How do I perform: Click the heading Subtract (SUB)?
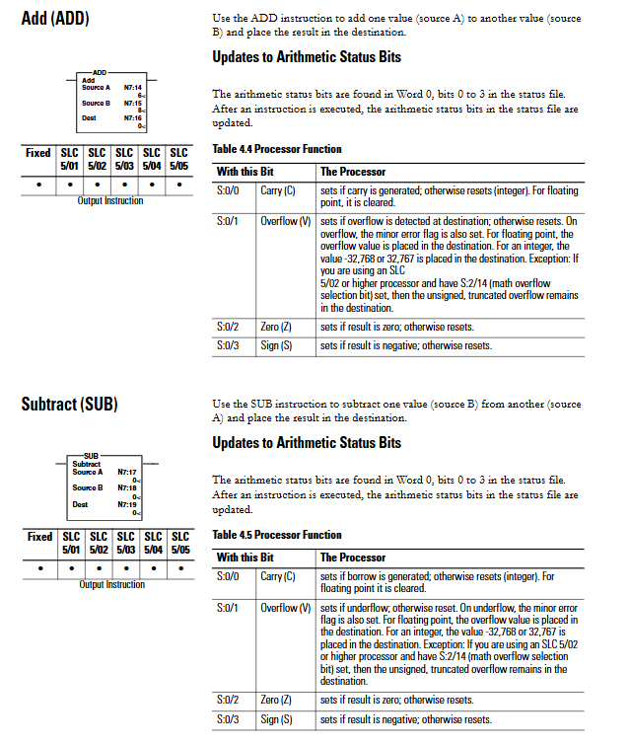69,404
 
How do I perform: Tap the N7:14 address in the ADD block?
133,88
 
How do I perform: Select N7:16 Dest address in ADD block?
133,117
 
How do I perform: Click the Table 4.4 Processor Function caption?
277,149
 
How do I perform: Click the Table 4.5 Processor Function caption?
277,534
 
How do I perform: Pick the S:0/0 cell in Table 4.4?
228,189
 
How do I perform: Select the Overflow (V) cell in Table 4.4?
279,221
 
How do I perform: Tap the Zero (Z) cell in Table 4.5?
277,700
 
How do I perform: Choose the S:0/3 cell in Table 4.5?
228,719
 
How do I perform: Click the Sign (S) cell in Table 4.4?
276,346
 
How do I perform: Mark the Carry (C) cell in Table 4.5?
278,575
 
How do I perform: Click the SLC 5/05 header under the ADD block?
178,159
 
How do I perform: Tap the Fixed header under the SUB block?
39,537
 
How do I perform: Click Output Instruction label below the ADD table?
109,201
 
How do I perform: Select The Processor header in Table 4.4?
353,172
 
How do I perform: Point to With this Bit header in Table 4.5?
245,557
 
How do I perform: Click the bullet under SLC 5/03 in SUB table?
124,568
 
